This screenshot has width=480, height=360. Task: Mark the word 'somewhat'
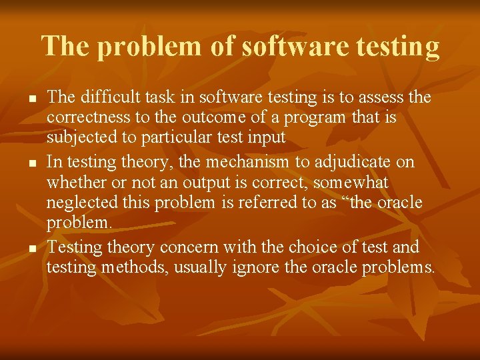pos(351,183)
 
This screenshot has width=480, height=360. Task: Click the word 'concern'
pos(189,247)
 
